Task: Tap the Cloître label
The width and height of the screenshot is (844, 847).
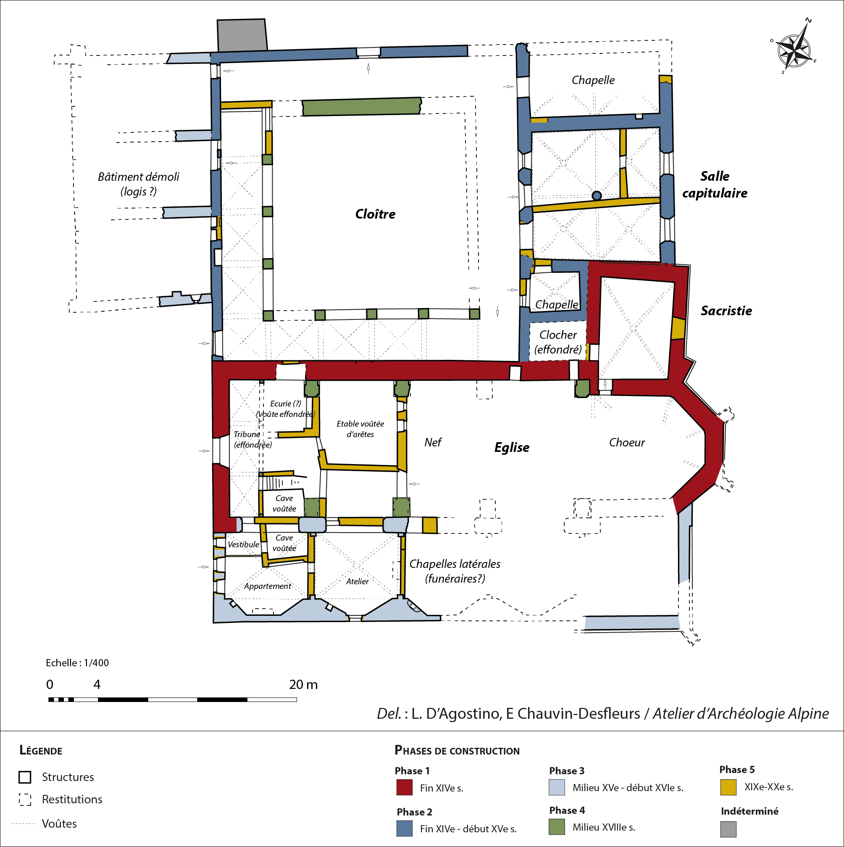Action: (x=375, y=214)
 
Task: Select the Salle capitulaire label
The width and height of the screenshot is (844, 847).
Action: (x=715, y=185)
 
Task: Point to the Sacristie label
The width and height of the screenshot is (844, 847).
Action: (x=726, y=310)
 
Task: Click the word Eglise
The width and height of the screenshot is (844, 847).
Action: (x=511, y=447)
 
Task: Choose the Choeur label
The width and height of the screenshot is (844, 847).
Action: (x=627, y=442)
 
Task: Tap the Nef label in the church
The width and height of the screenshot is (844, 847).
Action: (x=433, y=442)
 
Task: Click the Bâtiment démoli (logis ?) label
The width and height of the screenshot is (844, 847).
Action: (x=139, y=184)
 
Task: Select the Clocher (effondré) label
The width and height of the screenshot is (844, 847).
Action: (x=558, y=342)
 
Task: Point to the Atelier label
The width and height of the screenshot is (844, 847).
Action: (x=357, y=581)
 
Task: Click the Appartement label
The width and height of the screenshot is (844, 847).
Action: (x=267, y=586)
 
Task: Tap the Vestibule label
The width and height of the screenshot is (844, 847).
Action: (x=243, y=544)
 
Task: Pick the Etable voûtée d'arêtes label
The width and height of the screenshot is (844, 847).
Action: (x=360, y=429)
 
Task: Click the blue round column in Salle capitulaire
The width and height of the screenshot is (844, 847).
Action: (x=597, y=195)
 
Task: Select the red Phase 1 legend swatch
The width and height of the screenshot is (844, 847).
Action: (x=404, y=787)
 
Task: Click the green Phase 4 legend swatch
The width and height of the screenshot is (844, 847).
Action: (x=557, y=827)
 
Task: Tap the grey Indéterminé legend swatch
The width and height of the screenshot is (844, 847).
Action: (x=728, y=829)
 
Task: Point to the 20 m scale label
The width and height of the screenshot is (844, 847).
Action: (x=303, y=684)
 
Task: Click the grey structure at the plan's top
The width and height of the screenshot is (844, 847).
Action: (x=242, y=35)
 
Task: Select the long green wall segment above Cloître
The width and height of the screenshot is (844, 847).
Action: (x=362, y=106)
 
